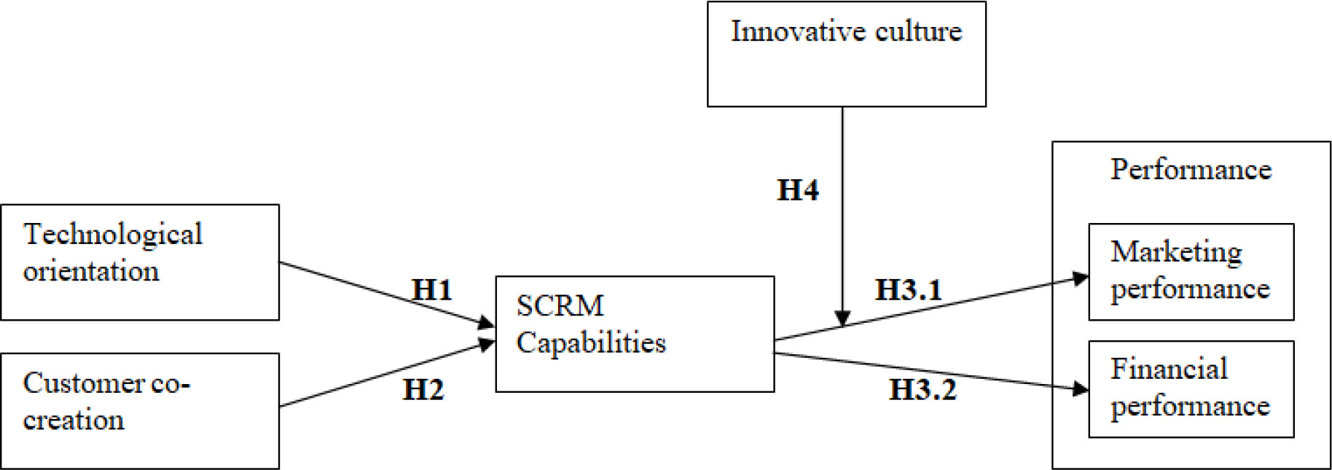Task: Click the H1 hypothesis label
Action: tap(432, 290)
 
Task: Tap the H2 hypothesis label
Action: tap(423, 390)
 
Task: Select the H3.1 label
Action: tap(908, 290)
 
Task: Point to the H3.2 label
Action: tap(922, 390)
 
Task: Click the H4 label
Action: tap(798, 190)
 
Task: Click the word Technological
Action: tap(113, 235)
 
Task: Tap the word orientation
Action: tap(91, 272)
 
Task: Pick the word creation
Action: tap(74, 420)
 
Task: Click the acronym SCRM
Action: tap(560, 306)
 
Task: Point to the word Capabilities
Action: tap(591, 343)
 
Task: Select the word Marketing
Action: tap(1176, 252)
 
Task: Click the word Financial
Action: tap(1169, 369)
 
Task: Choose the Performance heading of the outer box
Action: tap(1191, 170)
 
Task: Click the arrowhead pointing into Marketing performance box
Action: tap(1081, 278)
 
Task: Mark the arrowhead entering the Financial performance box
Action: tap(1081, 389)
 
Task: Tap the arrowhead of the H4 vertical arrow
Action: tap(842, 319)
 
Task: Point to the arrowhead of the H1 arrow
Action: tap(487, 322)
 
